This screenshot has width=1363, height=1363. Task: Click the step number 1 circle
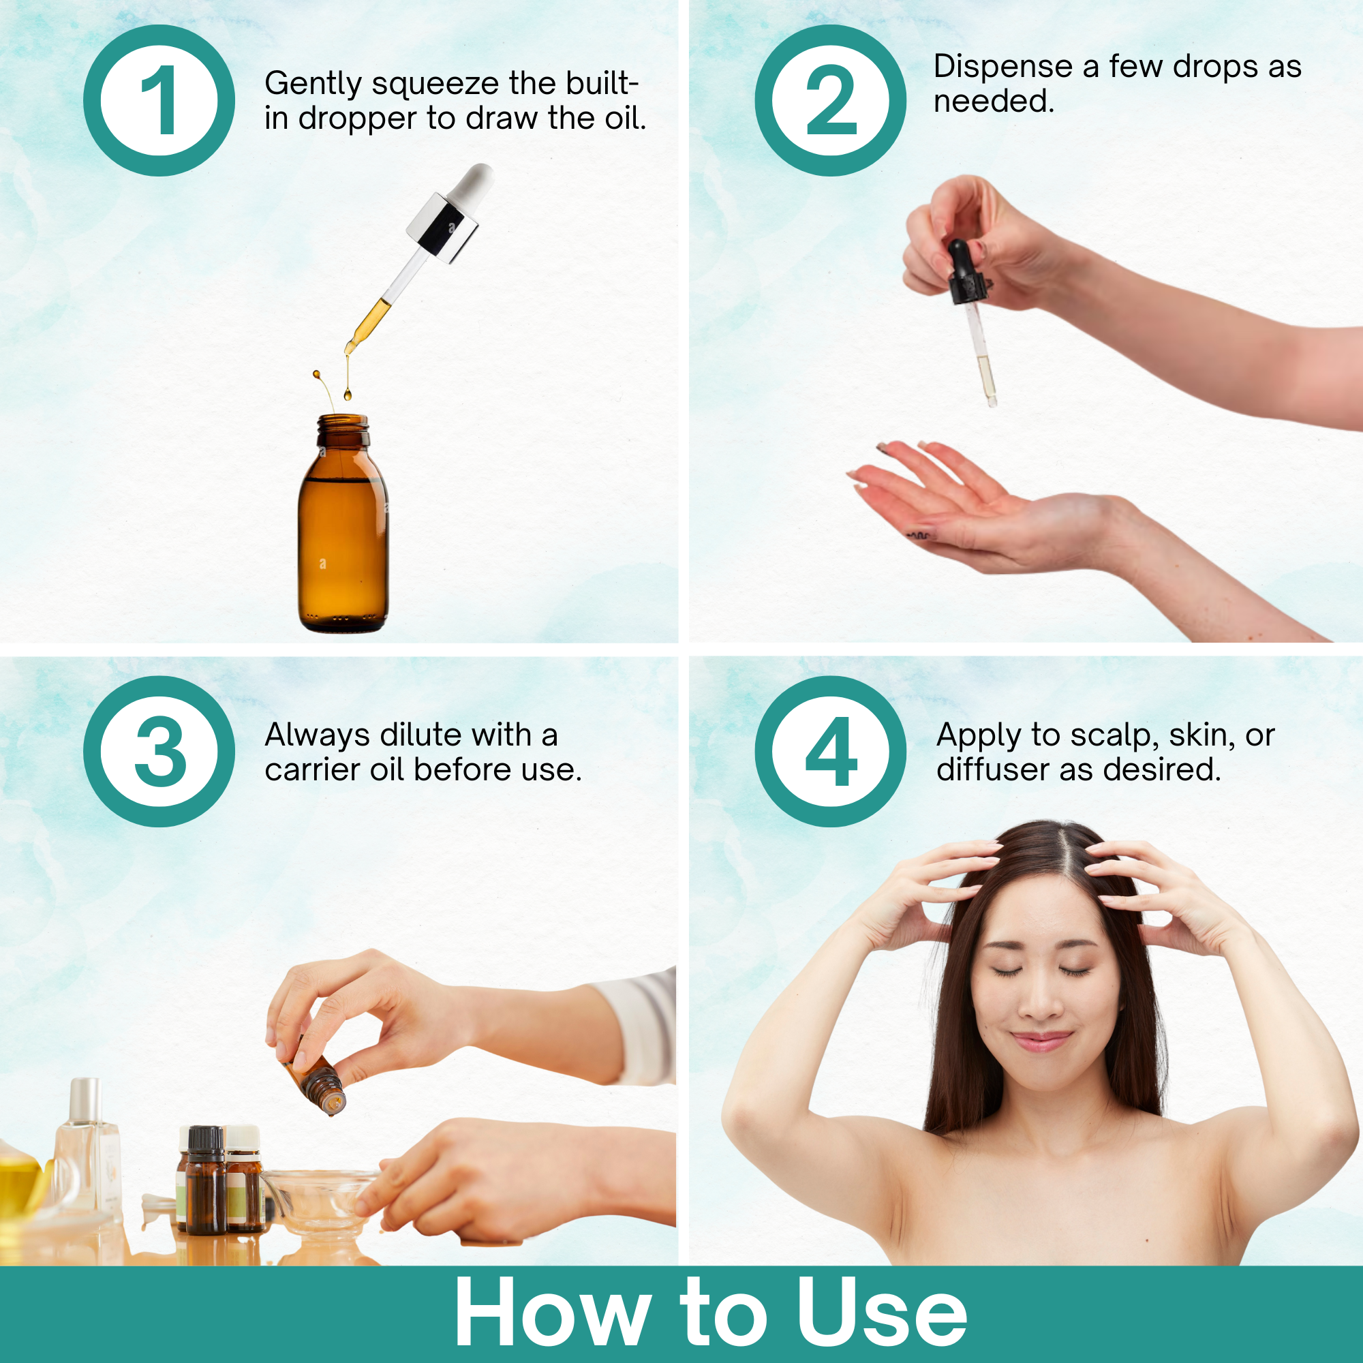click(159, 100)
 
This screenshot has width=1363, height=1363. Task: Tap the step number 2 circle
click(830, 100)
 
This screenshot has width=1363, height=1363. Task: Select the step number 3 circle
click(159, 751)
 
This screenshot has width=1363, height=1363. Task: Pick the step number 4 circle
click(830, 751)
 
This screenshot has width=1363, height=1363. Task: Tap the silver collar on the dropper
click(442, 228)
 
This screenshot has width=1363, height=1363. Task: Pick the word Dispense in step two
click(1002, 67)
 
